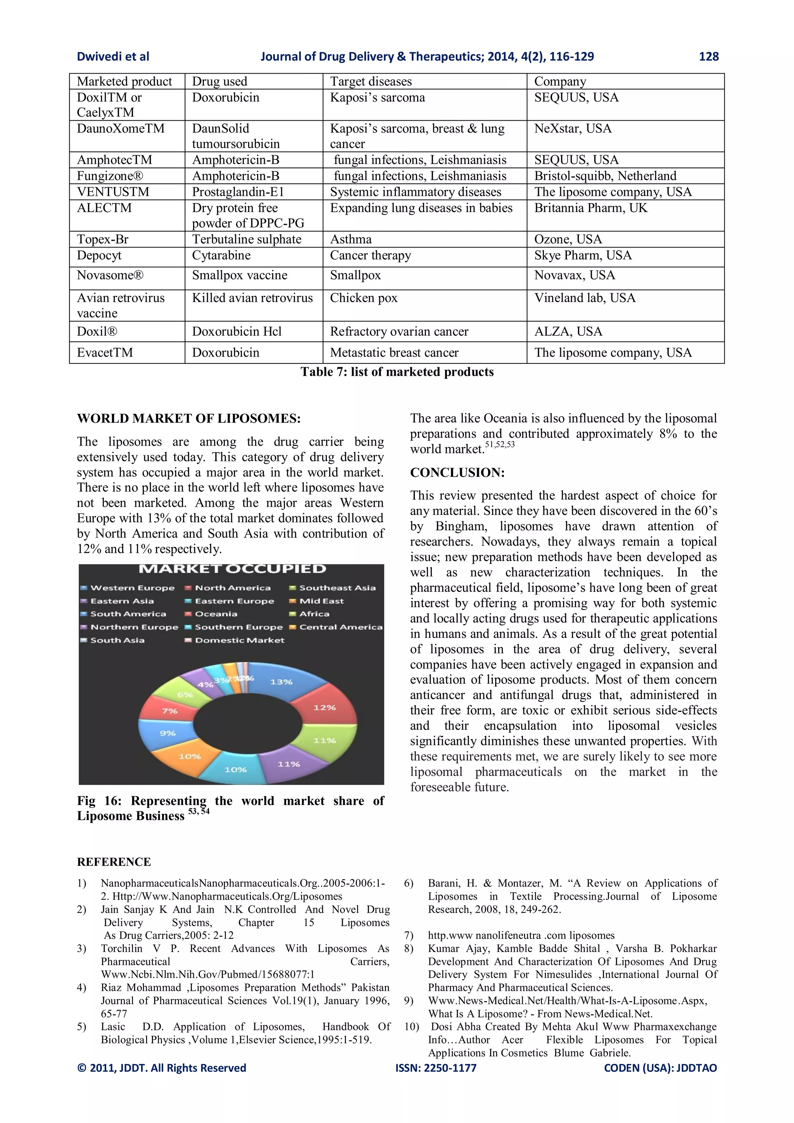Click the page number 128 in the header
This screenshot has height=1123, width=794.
[708, 57]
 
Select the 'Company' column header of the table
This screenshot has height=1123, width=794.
[560, 81]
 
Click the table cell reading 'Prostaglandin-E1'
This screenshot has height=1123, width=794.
[238, 192]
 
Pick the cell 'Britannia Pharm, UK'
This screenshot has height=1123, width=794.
[590, 208]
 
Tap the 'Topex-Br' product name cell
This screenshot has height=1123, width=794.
[103, 239]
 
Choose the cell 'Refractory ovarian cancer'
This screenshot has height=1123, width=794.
[399, 332]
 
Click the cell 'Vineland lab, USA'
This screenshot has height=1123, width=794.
[585, 298]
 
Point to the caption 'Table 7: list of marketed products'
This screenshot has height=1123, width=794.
[397, 372]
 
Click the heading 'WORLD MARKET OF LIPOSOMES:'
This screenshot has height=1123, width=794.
[189, 419]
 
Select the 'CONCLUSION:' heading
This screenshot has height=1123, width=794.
[457, 472]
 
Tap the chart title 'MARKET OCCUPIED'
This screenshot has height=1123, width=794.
[232, 569]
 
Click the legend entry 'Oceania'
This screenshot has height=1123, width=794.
[216, 614]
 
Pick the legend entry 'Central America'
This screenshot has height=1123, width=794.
[340, 627]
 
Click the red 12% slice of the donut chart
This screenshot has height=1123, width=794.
[324, 707]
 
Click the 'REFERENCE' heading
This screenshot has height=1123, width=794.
[114, 862]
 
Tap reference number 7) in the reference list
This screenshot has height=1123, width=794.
[409, 935]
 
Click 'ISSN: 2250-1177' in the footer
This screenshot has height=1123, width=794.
[436, 1068]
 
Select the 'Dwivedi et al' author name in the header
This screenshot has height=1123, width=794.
[113, 57]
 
